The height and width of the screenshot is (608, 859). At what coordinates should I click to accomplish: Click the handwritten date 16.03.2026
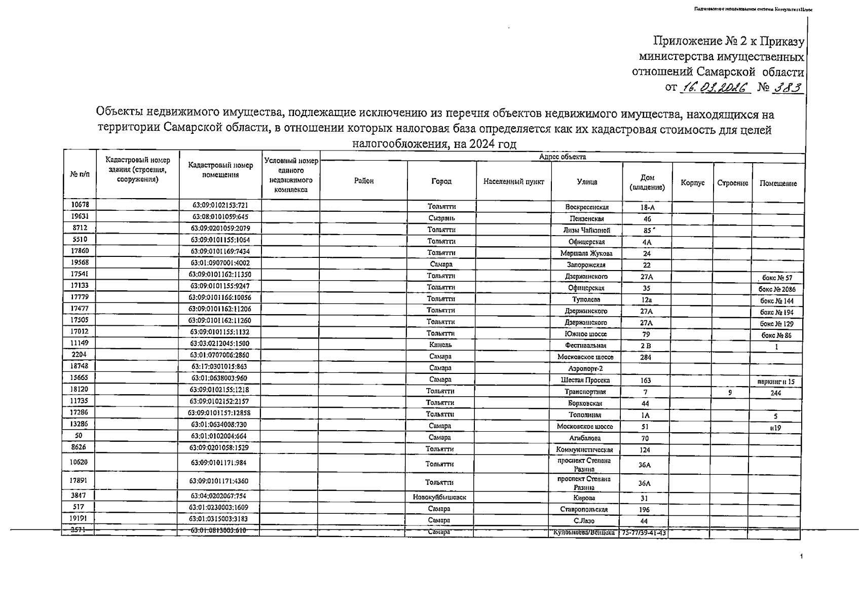(715, 87)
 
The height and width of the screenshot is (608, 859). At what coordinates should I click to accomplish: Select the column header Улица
(587, 182)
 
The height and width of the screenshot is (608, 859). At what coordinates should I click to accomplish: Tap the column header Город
(441, 181)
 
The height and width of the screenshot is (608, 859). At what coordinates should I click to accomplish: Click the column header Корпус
(693, 183)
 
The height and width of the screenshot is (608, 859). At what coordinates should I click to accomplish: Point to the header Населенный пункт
(513, 182)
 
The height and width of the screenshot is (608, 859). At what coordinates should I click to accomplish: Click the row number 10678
(80, 205)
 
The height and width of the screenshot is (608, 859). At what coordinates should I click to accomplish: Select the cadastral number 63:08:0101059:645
(220, 217)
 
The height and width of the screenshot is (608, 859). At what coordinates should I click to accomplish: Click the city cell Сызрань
(441, 218)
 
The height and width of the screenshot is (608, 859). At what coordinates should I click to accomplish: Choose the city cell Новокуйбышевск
(439, 498)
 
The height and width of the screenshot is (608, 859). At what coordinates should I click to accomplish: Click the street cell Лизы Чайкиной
(587, 231)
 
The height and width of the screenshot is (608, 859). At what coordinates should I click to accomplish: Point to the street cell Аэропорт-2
(585, 369)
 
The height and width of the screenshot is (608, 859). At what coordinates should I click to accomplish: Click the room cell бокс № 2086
(777, 290)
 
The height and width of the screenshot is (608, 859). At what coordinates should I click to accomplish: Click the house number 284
(646, 357)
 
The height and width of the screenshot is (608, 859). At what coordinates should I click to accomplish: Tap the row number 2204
(79, 354)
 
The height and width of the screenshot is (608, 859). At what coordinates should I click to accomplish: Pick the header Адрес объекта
(563, 157)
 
